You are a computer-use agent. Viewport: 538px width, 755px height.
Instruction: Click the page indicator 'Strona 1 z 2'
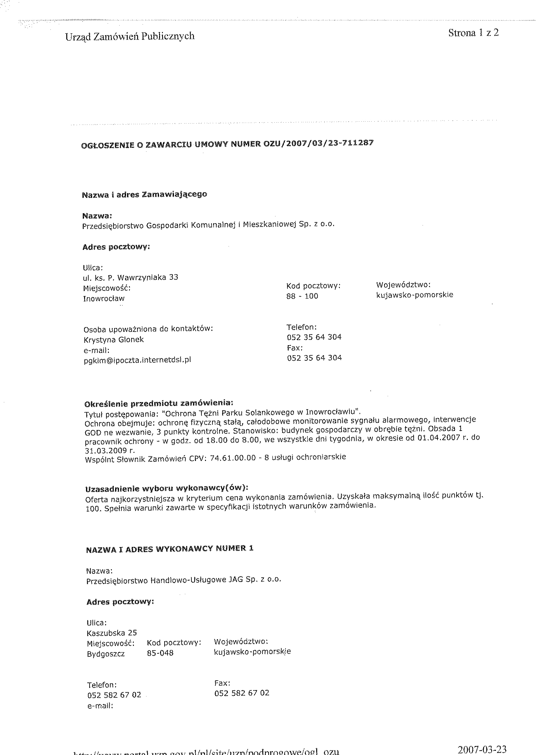[473, 33]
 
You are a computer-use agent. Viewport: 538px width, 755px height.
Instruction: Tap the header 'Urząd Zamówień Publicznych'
[130, 36]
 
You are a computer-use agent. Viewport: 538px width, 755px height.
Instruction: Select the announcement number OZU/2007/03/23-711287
[318, 144]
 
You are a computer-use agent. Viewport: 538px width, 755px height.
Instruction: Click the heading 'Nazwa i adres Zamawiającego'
[145, 194]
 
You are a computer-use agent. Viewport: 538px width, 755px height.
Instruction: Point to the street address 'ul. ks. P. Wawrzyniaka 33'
[131, 278]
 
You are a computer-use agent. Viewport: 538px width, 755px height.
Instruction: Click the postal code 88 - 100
[302, 296]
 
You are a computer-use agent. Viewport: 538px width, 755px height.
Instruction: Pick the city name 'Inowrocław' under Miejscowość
[104, 299]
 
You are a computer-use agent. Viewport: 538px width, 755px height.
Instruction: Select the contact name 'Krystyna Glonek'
[113, 340]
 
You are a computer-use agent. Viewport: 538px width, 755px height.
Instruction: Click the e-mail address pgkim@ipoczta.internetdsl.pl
[137, 360]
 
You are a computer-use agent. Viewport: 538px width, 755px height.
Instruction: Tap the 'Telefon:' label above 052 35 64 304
[301, 327]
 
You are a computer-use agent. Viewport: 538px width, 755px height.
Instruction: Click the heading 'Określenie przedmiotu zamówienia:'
[159, 404]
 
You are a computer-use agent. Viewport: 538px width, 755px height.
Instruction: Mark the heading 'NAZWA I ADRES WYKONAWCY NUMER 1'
[170, 549]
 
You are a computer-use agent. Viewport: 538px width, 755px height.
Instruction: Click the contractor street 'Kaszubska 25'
[112, 633]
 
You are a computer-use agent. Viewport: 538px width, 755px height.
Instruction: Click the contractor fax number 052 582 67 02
[242, 693]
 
